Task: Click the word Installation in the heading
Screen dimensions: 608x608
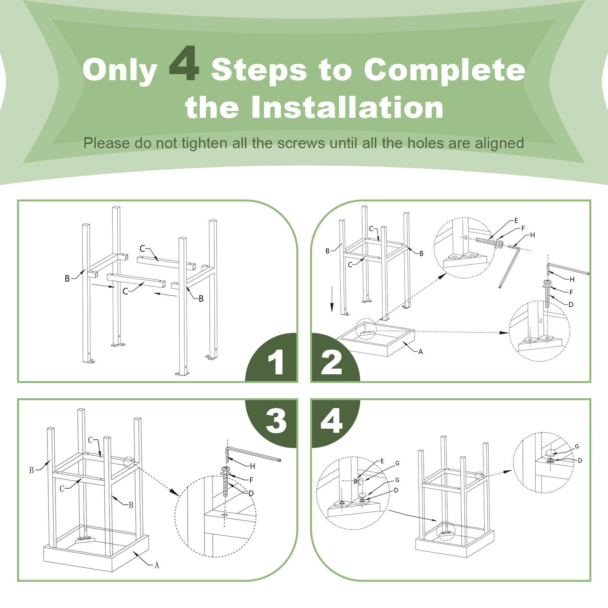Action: tap(347, 108)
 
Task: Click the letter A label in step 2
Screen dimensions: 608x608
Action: tap(420, 352)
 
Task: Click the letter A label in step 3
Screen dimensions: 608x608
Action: tap(157, 565)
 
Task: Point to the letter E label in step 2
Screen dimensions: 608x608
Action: tap(516, 220)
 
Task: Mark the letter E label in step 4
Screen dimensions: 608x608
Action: tap(382, 461)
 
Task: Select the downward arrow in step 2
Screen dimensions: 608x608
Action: tap(332, 299)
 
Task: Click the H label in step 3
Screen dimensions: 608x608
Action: tap(252, 466)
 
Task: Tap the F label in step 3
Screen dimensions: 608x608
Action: tap(251, 480)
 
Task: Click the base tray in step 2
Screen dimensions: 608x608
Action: tap(375, 339)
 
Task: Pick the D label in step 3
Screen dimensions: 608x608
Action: tap(251, 493)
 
